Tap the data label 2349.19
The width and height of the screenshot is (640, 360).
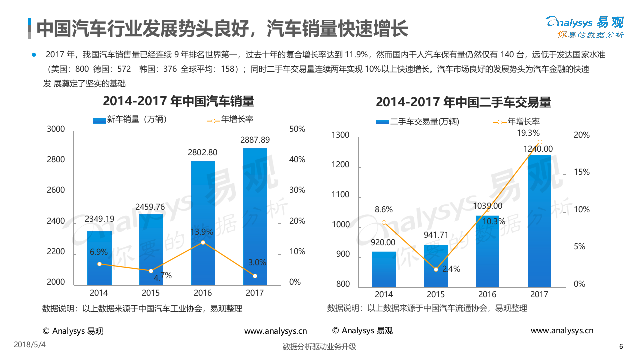pos(99,218)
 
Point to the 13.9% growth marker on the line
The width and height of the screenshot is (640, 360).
pos(203,243)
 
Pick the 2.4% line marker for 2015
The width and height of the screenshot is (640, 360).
pos(436,269)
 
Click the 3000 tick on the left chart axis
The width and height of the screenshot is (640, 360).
pos(56,129)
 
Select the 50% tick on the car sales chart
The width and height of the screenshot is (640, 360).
pos(297,129)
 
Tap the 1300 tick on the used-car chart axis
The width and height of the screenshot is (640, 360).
pos(340,135)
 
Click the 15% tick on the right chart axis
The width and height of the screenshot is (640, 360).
pos(582,172)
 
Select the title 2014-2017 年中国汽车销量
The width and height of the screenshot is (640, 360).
pos(178,101)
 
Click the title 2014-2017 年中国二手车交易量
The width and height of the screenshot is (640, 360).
pos(463,102)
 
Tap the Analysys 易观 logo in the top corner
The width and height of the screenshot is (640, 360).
pos(584,26)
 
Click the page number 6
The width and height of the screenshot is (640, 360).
pos(621,347)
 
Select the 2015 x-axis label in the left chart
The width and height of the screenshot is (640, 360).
pos(151,293)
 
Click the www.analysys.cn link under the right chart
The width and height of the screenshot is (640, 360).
pos(562,330)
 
